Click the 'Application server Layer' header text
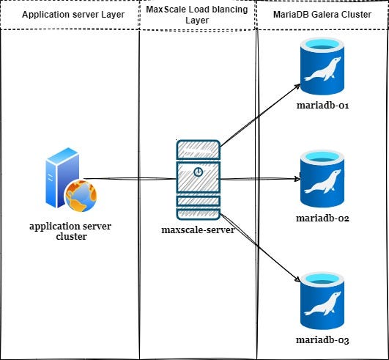[x=73, y=15]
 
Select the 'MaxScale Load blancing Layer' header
[x=197, y=15]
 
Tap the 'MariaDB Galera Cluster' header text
[x=322, y=15]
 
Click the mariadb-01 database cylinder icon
[x=322, y=66]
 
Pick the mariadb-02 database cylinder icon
[x=322, y=179]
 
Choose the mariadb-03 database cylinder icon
[x=322, y=301]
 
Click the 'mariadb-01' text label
[x=323, y=106]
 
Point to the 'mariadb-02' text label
[x=322, y=218]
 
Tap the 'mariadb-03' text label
[x=322, y=339]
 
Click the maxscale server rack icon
[x=199, y=180]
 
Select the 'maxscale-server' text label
[x=198, y=229]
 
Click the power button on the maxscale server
[x=199, y=172]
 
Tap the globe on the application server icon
[x=81, y=196]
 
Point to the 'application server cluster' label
[x=70, y=231]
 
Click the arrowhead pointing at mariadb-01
[x=297, y=87]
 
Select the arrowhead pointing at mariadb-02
[x=297, y=178]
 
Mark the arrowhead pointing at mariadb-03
[x=297, y=279]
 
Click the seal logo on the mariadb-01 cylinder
[x=322, y=69]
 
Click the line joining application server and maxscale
[x=130, y=178]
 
